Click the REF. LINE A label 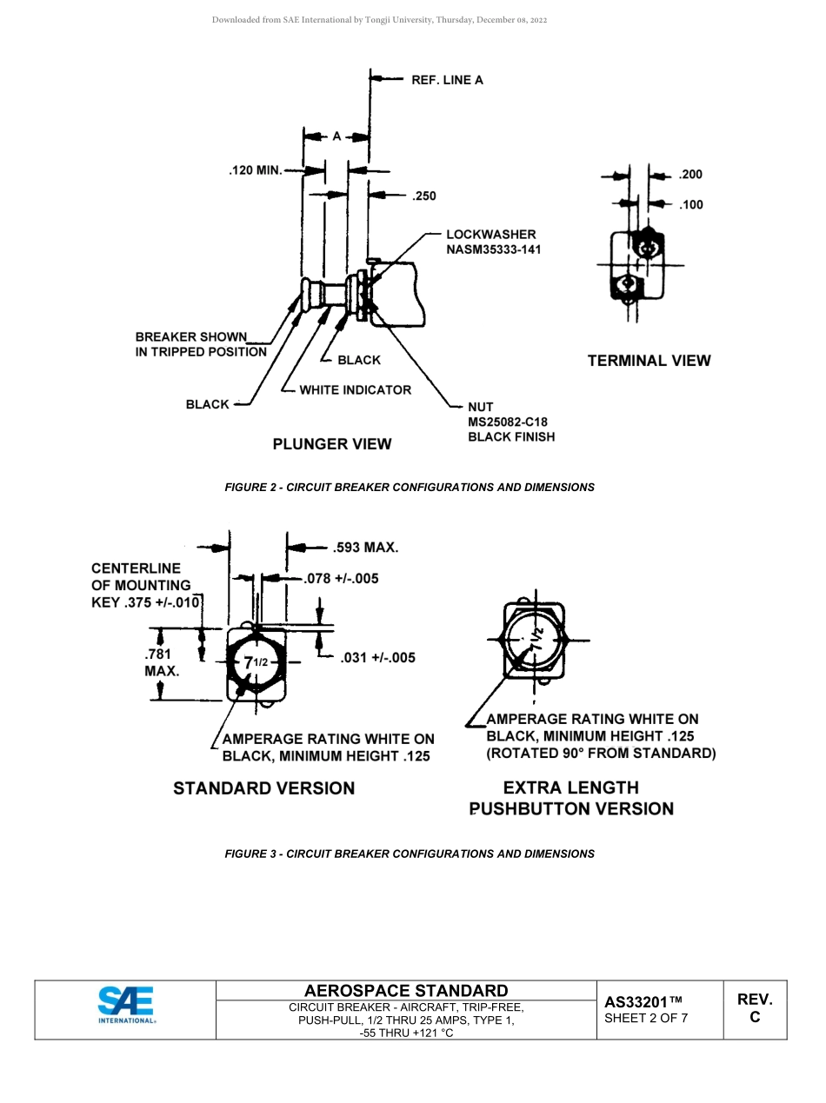point(447,80)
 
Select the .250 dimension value point(423,196)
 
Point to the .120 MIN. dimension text point(256,170)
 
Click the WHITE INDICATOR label point(355,390)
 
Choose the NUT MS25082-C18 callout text point(510,422)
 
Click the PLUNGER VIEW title point(332,444)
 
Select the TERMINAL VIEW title point(649,361)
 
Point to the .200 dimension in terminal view point(690,175)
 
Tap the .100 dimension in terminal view point(690,205)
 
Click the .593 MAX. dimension point(365,548)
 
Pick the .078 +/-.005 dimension point(341,578)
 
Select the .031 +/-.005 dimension point(377,658)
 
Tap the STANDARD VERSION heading point(263,788)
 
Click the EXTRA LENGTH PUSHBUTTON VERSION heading point(571,799)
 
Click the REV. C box point(755,1008)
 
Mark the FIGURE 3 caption point(410,854)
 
